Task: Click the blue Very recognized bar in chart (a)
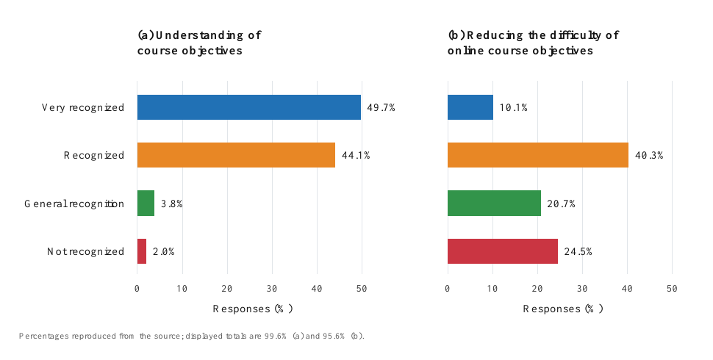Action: pos(249,107)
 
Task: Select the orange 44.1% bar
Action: pos(237,155)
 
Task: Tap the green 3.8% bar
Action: pos(146,204)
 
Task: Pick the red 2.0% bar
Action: pos(142,251)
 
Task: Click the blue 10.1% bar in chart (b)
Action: pos(470,107)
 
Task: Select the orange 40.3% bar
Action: pos(538,155)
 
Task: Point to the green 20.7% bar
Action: pos(495,204)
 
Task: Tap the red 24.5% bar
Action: pos(503,251)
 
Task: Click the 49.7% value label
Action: pos(381,108)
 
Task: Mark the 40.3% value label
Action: pos(649,156)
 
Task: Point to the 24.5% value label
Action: pos(578,252)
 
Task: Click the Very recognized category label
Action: pos(83,108)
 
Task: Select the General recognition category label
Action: pos(74,204)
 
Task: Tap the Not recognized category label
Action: pos(85,252)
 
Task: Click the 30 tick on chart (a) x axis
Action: pos(272,289)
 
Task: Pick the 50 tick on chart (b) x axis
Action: pos(672,289)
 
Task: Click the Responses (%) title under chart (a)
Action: pos(253,309)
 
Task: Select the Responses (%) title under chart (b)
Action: pos(563,309)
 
